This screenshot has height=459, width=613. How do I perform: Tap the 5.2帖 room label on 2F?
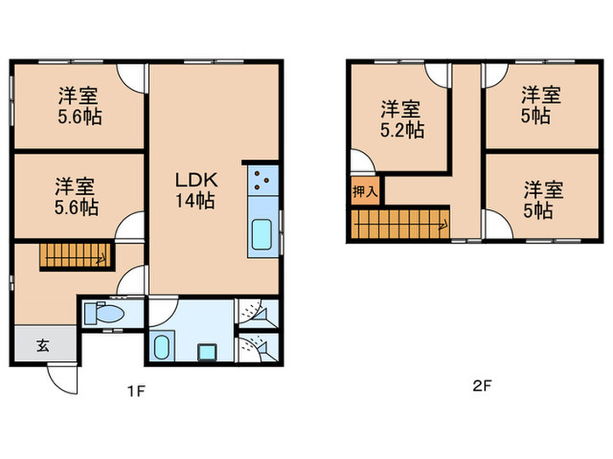tap(402, 120)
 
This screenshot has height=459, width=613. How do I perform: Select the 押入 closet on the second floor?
tap(366, 191)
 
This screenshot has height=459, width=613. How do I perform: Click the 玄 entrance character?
tap(42, 344)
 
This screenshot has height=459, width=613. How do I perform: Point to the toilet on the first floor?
tap(109, 314)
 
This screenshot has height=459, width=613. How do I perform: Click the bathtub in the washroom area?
tap(161, 347)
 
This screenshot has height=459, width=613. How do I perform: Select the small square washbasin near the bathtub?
tap(207, 352)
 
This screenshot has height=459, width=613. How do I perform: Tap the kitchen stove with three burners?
tap(261, 181)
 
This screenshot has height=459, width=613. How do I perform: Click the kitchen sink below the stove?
tap(261, 235)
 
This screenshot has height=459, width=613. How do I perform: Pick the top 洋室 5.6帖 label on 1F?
tap(80, 107)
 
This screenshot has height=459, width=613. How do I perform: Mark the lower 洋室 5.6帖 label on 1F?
tap(77, 196)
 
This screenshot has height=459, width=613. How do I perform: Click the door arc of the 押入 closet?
tap(361, 162)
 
